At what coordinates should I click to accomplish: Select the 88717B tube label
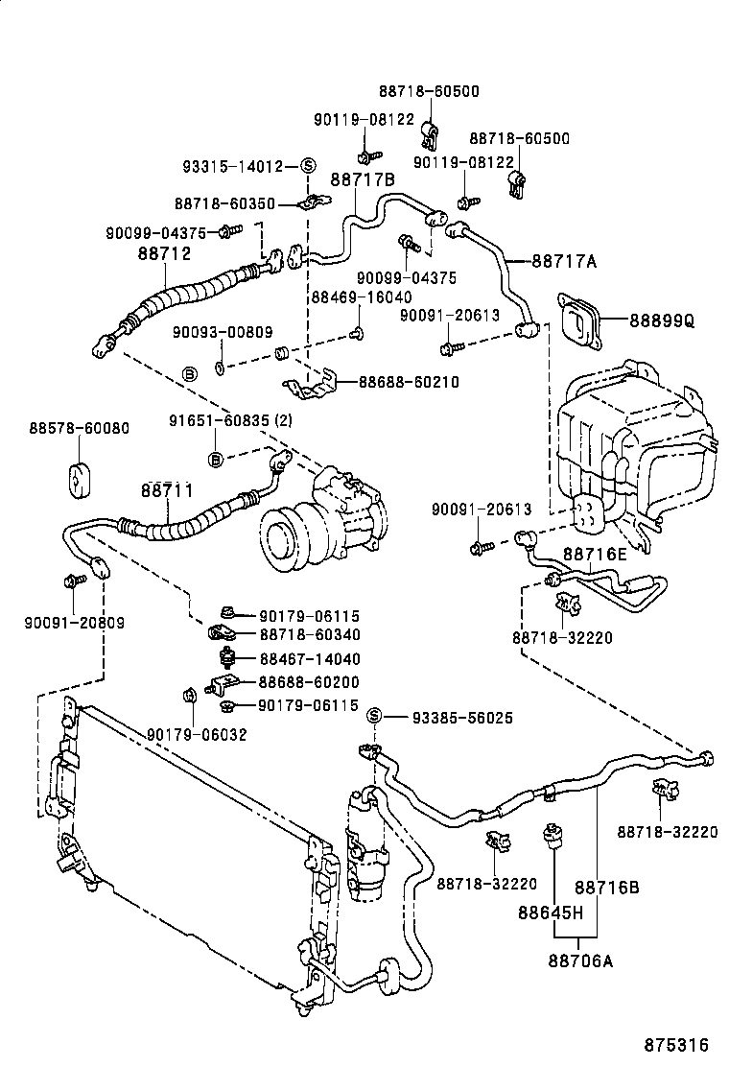(363, 178)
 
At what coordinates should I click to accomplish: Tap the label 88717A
(564, 260)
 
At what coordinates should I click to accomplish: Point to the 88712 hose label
(164, 254)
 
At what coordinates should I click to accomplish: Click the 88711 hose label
(167, 490)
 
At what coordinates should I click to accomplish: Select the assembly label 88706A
(580, 959)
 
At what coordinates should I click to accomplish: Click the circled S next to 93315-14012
(308, 166)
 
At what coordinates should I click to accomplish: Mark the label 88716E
(595, 554)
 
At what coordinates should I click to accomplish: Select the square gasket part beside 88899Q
(577, 323)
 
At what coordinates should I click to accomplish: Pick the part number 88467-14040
(309, 659)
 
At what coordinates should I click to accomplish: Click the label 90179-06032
(197, 734)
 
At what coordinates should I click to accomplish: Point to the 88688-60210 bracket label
(409, 382)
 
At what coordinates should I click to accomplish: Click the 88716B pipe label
(606, 888)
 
